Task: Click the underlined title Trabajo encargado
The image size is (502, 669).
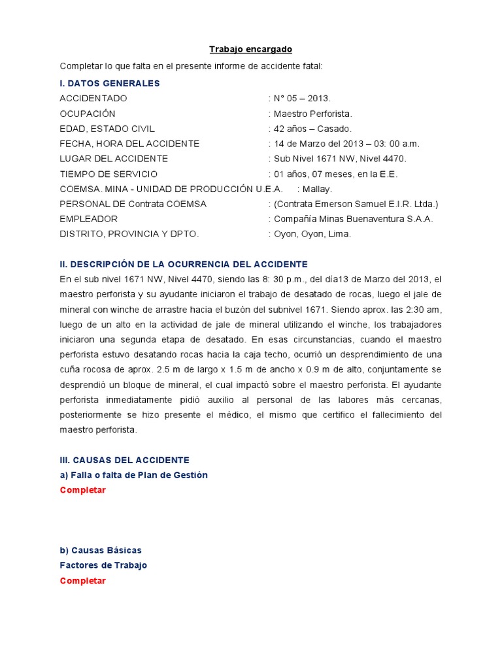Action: coord(250,49)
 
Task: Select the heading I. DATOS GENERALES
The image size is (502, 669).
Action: coord(110,83)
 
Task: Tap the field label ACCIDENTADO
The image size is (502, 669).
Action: coord(93,98)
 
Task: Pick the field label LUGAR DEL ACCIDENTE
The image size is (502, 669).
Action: coord(114,159)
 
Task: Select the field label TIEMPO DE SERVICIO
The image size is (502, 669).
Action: coord(109,174)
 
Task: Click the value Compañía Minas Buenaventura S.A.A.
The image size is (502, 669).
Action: coord(353,219)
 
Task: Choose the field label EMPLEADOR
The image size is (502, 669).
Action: coord(89,219)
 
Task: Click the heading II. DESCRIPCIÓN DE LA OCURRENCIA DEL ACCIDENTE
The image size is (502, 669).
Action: coord(184,264)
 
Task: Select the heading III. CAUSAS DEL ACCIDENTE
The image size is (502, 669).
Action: coord(124,460)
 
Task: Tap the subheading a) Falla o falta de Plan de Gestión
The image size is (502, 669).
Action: coord(133,475)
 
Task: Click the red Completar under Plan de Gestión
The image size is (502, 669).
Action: coord(82,490)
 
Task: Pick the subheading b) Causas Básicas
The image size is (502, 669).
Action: coord(101,550)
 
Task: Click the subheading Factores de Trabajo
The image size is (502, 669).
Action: coord(103,565)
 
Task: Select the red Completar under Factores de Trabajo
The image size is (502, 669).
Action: coord(82,580)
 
